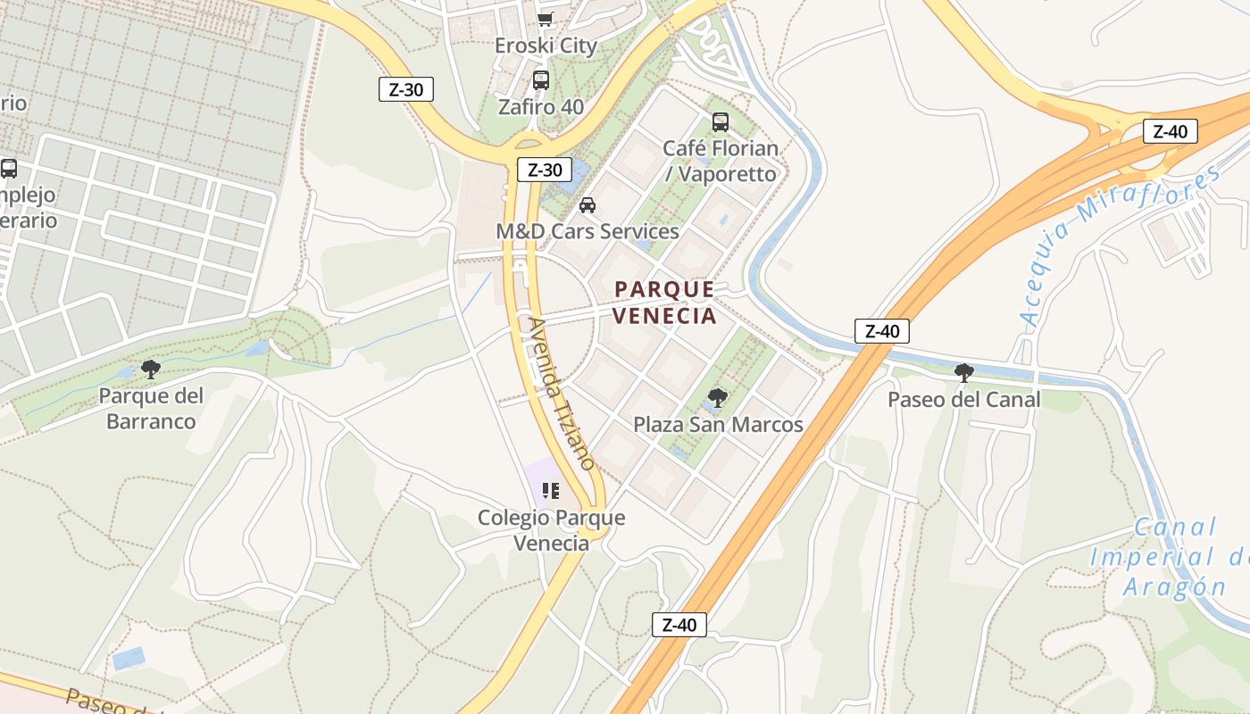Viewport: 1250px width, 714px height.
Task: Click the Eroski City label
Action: [x=546, y=46]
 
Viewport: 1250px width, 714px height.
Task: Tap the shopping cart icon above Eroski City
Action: [x=545, y=20]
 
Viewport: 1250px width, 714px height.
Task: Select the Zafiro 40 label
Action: [x=541, y=107]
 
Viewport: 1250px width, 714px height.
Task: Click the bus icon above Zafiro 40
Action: [x=541, y=80]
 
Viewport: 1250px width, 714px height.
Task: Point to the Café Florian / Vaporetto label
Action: [x=721, y=161]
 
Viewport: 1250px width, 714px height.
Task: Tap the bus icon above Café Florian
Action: [x=721, y=122]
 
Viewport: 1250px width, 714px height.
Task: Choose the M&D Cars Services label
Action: [x=587, y=231]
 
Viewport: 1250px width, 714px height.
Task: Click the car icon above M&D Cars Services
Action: [x=587, y=205]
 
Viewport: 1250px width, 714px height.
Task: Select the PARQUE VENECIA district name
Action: [x=665, y=303]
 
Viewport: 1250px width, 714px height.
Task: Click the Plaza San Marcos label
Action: [x=719, y=425]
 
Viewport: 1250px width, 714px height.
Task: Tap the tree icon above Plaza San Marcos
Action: [x=717, y=398]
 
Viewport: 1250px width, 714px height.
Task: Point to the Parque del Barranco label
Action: [x=151, y=408]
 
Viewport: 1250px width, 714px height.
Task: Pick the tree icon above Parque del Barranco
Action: [x=151, y=369]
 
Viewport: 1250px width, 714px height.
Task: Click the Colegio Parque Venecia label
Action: [x=552, y=530]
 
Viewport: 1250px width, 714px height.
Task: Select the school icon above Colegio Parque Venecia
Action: [x=551, y=491]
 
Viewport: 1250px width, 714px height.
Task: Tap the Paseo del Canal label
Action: [x=964, y=399]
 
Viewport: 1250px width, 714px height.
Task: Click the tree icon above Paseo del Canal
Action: [x=964, y=372]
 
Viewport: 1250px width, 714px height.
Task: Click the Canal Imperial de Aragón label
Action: [x=1170, y=557]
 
